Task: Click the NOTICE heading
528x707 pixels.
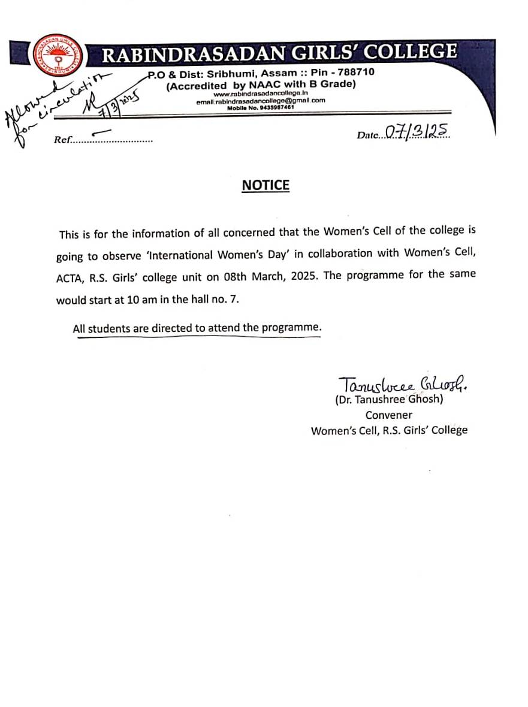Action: click(x=265, y=185)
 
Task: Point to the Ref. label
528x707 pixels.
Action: click(x=62, y=140)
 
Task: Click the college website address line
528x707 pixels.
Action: click(x=261, y=94)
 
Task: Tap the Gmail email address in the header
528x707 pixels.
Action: click(x=261, y=101)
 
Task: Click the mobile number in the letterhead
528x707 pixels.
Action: click(x=261, y=107)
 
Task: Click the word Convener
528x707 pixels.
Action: click(x=389, y=415)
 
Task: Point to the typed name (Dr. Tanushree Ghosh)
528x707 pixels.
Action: click(x=389, y=400)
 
